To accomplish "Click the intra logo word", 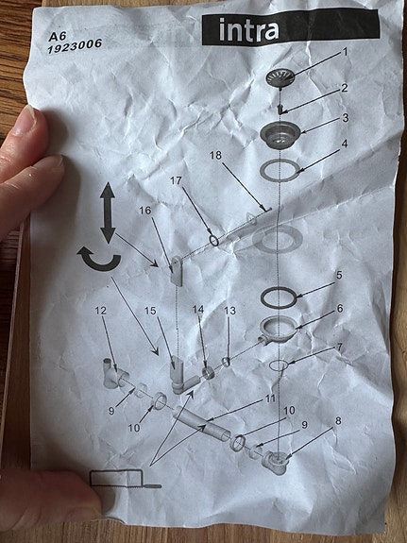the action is pos(248,31).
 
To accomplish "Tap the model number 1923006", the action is pos(75,45).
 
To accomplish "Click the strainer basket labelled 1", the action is pos(280,76).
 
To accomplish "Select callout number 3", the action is pos(346,118).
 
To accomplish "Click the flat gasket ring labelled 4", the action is pos(280,170).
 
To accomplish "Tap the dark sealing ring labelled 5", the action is pos(279,297).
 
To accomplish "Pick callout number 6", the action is pos(339,308).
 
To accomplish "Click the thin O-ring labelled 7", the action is pos(279,365).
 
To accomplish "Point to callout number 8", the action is pos(338,421).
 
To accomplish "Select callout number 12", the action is pos(100,311).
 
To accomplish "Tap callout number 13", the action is pos(230,311).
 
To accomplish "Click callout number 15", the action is pos(150,311).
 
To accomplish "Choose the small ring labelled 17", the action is pos(214,240).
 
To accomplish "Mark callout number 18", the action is pos(215,155).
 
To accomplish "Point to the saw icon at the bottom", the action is pos(126,481).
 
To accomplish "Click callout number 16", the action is pos(145,211).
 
